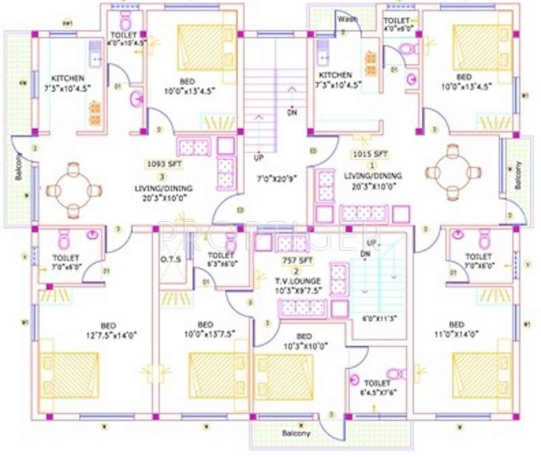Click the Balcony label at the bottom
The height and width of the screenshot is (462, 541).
pyautogui.click(x=296, y=433)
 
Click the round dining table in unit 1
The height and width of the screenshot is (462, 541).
pyautogui.click(x=454, y=172)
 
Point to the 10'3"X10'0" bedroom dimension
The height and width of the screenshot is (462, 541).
pyautogui.click(x=305, y=346)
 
